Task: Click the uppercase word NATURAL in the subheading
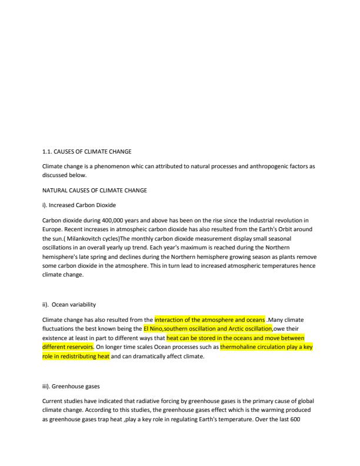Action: (x=55, y=190)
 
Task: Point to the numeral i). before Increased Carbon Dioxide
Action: (x=45, y=205)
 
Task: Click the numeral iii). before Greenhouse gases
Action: (x=46, y=387)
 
